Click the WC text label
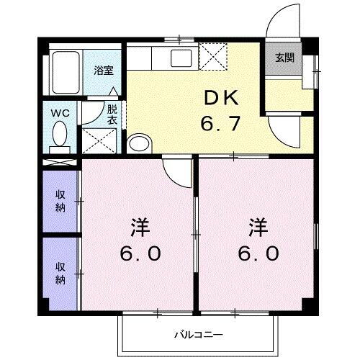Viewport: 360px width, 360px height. pyautogui.click(x=60, y=112)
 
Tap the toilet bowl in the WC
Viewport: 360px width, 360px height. pyautogui.click(x=61, y=134)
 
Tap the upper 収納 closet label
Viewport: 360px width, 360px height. pyautogui.click(x=60, y=201)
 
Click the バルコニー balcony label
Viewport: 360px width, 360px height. pyautogui.click(x=198, y=334)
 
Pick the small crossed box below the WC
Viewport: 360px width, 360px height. pyautogui.click(x=60, y=161)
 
